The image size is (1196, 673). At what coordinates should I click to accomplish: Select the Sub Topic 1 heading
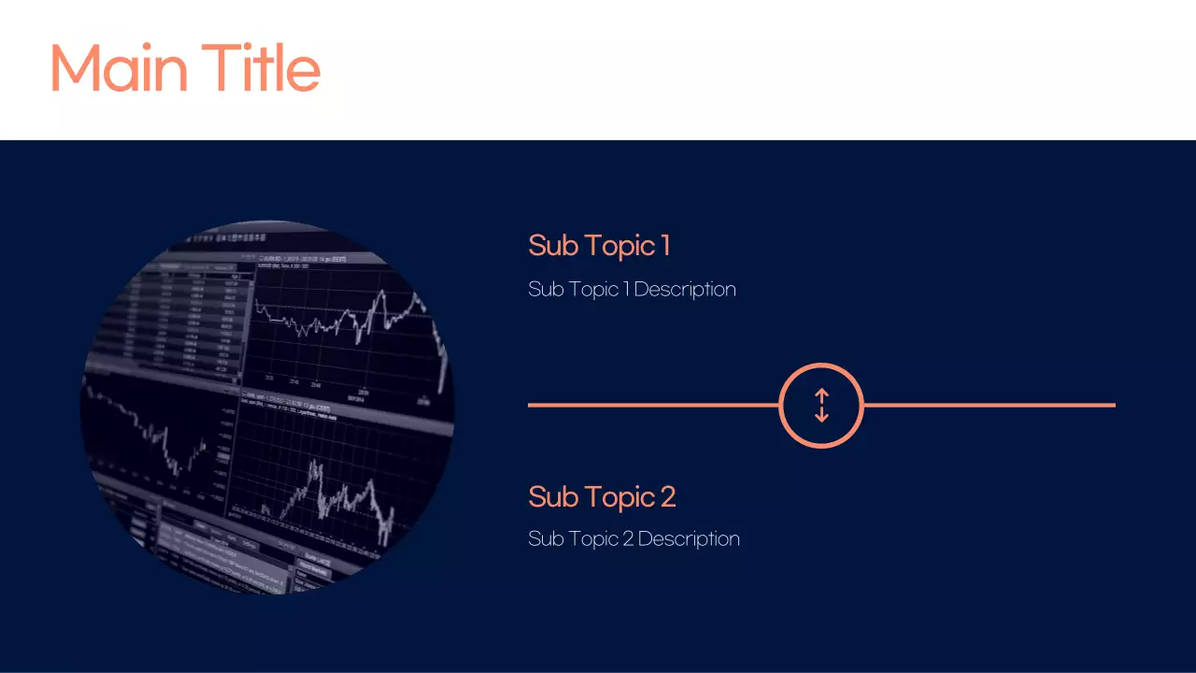point(599,246)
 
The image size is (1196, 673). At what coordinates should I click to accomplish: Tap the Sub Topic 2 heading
point(602,496)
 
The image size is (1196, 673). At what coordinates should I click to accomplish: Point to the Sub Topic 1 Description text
point(632,289)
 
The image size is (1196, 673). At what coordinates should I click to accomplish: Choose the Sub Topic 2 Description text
point(634,538)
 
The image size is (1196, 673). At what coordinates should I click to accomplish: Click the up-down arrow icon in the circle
point(821,406)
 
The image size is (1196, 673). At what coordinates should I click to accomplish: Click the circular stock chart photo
point(267,408)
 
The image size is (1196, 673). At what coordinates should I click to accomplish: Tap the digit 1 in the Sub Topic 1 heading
point(665,246)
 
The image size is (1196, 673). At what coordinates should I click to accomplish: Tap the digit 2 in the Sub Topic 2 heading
point(667,496)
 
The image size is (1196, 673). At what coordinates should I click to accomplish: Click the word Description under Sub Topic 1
point(685,289)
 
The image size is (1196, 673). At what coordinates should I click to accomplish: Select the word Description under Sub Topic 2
point(689,538)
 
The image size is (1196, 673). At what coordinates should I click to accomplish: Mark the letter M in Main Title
point(76,68)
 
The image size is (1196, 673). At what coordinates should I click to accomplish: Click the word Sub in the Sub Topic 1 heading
point(551,246)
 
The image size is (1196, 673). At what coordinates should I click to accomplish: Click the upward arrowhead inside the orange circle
point(821,394)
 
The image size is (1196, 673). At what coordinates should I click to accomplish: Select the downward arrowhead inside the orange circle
point(821,418)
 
